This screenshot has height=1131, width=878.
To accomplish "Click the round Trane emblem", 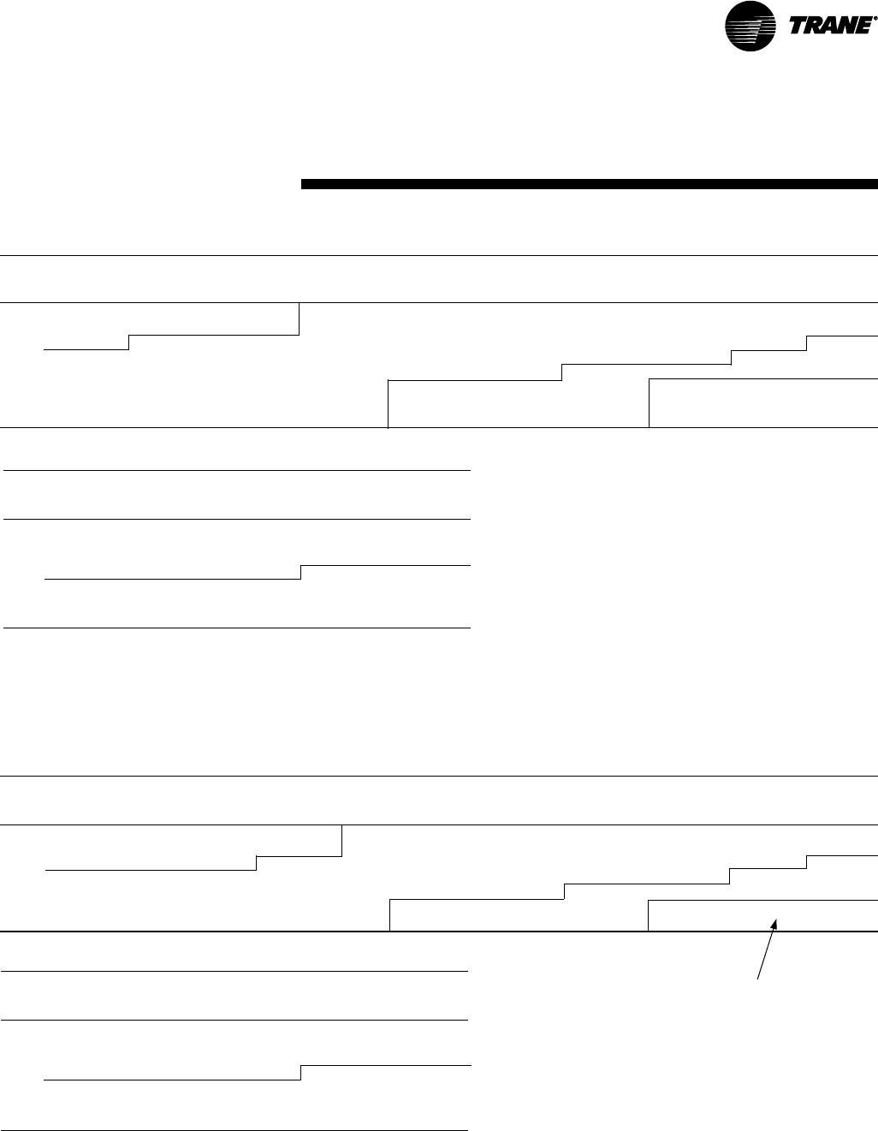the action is click(x=750, y=27).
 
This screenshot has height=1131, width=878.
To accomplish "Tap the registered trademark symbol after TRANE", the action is click(x=874, y=19).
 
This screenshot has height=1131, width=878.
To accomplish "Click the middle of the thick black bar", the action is click(x=590, y=183).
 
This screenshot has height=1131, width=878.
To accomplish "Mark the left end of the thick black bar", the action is click(x=303, y=183).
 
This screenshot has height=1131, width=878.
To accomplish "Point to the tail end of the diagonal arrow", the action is click(x=758, y=977).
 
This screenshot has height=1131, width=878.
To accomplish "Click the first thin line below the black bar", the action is click(x=439, y=255).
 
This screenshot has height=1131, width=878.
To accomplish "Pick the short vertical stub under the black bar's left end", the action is click(x=300, y=318).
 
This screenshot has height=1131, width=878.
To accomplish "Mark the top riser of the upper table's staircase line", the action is click(x=807, y=343).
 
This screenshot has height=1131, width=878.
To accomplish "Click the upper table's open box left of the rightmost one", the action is click(x=519, y=402).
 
